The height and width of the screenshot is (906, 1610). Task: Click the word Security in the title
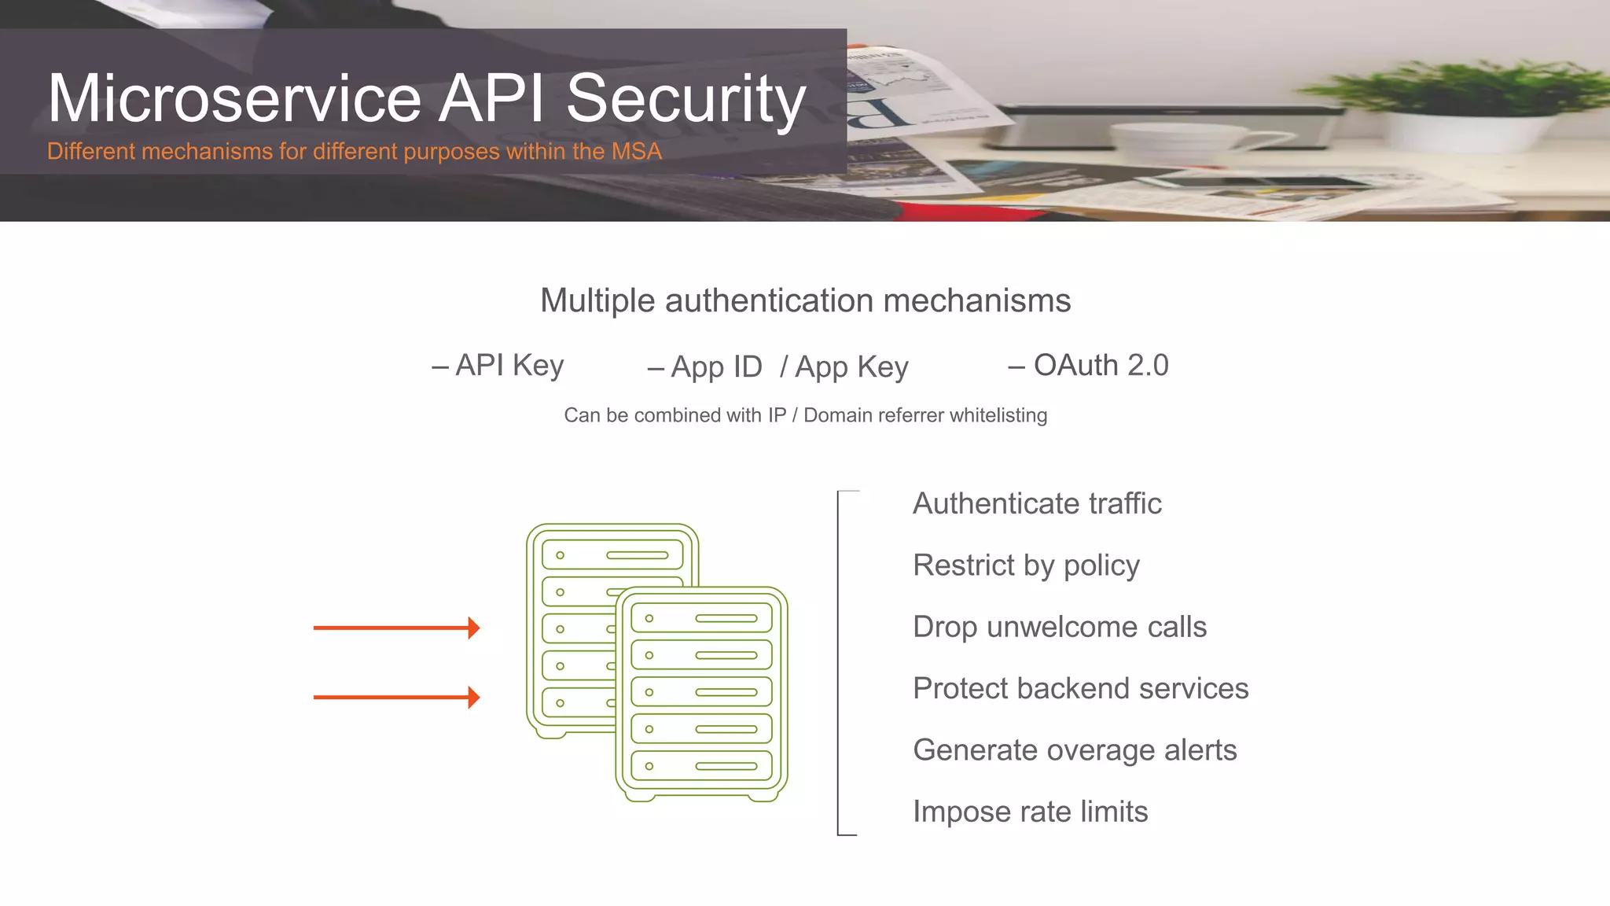(686, 99)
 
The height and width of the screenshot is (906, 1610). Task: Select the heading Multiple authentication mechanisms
(805, 300)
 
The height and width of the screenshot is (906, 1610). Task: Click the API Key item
(498, 366)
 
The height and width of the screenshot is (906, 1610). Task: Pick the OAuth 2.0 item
(1089, 366)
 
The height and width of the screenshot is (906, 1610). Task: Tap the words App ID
(705, 367)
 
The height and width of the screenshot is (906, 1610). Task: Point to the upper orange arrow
(395, 628)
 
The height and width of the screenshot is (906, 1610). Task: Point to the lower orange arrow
(395, 697)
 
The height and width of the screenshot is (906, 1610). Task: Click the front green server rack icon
(701, 692)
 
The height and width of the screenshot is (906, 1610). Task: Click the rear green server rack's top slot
(612, 554)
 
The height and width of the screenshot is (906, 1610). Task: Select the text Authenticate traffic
(1036, 503)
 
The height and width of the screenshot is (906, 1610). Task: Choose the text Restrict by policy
(1026, 565)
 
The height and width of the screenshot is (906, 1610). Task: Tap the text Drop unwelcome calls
(1059, 627)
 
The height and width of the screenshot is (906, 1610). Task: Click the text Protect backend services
(1080, 688)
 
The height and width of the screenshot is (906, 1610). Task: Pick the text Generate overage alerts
(1075, 750)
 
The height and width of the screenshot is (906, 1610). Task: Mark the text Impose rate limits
(1030, 812)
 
